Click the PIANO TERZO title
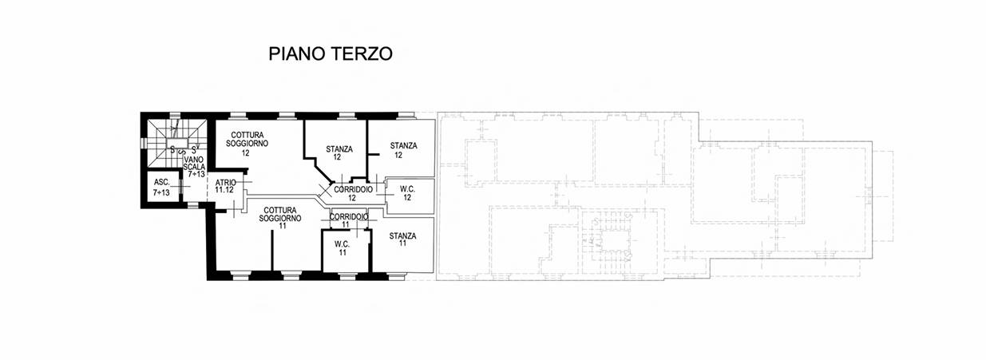[x=331, y=53]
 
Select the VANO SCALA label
[x=194, y=163]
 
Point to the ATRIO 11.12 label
[x=225, y=186]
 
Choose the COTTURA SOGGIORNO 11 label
[x=280, y=218]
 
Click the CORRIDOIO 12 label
[x=353, y=193]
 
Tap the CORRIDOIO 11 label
[x=349, y=220]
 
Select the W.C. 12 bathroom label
[x=408, y=193]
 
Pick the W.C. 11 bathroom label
[x=342, y=248]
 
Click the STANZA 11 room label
[x=402, y=239]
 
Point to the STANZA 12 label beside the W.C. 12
[x=403, y=149]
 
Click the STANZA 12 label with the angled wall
[x=339, y=152]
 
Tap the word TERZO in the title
[x=362, y=53]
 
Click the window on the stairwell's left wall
[x=143, y=144]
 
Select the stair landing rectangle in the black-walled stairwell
[x=177, y=142]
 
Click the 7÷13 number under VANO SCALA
[x=196, y=174]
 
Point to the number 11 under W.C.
[x=343, y=252]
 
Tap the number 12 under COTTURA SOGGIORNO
[x=246, y=153]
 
